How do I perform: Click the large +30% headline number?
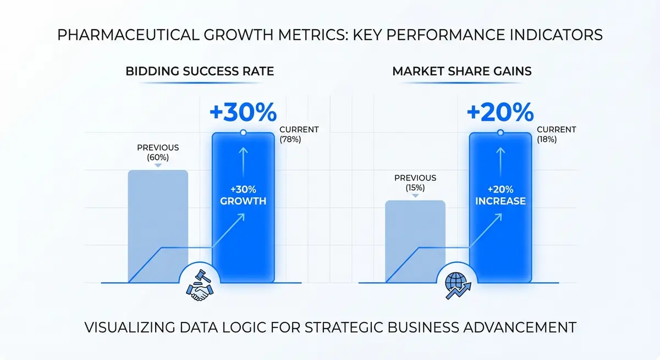[x=243, y=112]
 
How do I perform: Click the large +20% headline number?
[x=499, y=112]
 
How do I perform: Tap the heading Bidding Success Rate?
[x=200, y=71]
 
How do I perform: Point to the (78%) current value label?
[x=290, y=140]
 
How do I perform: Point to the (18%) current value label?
[x=547, y=140]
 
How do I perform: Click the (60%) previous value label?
[x=158, y=157]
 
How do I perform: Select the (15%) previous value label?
[x=415, y=187]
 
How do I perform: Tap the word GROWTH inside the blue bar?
[x=243, y=201]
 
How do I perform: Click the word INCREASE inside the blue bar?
[x=500, y=201]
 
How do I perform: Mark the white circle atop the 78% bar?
[x=243, y=132]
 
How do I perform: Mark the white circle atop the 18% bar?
[x=500, y=132]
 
